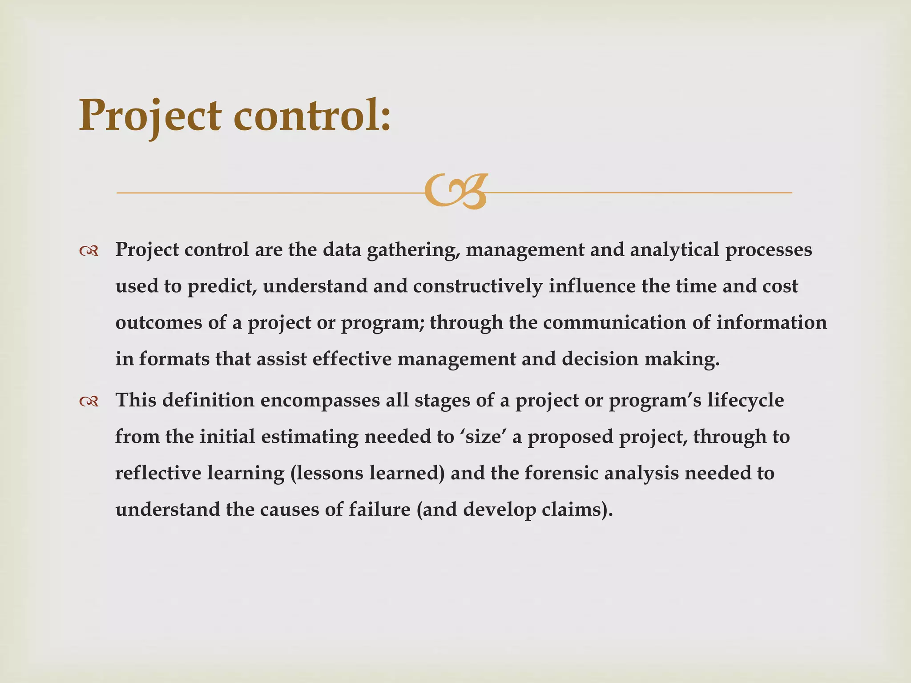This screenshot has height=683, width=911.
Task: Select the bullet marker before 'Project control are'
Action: point(89,252)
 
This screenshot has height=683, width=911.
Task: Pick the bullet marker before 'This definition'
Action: point(89,402)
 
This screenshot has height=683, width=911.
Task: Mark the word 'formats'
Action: point(174,359)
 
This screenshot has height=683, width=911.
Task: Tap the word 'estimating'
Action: point(310,437)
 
